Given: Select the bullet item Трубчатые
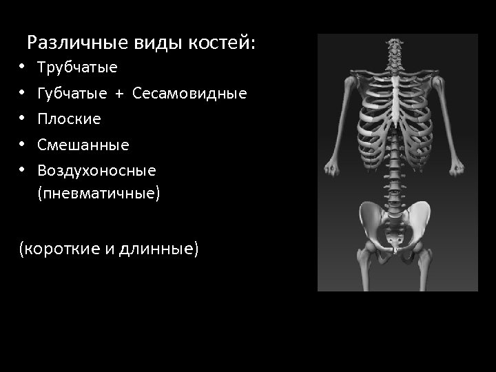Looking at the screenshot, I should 77,68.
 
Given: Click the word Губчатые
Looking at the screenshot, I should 72,93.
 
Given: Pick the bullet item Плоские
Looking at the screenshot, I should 69,119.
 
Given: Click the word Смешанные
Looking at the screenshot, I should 83,145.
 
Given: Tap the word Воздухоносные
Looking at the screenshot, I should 97,170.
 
